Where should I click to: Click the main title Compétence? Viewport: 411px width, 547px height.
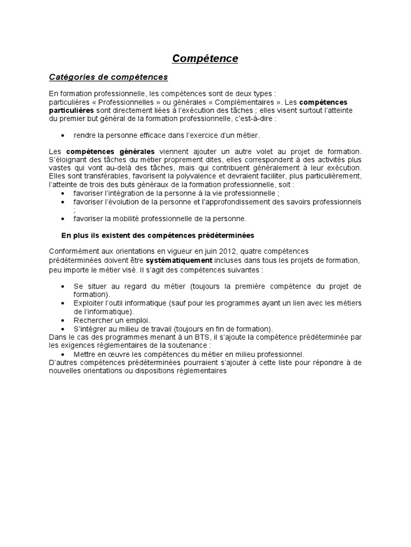click(x=205, y=58)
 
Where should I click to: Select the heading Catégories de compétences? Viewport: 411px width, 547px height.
click(x=109, y=77)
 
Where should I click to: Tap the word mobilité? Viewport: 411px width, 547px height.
click(x=126, y=218)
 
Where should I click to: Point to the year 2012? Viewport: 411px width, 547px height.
click(x=218, y=252)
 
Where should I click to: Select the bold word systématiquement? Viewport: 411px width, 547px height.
click(x=179, y=260)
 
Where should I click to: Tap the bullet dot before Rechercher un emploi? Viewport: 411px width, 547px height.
click(x=64, y=320)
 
